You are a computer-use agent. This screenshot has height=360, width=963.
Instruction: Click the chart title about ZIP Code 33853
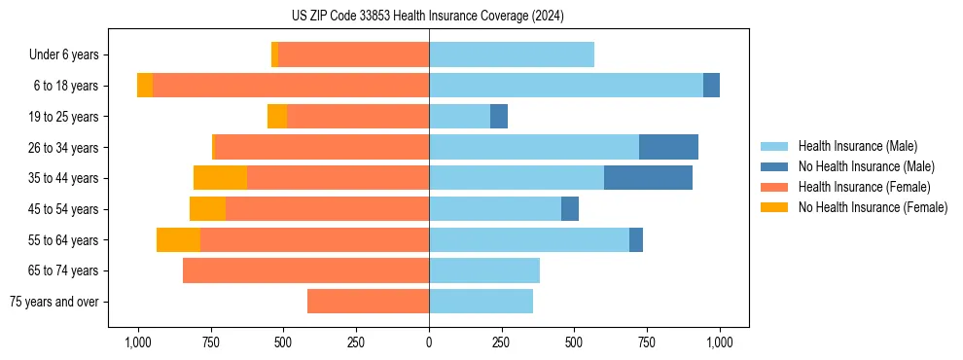(x=429, y=16)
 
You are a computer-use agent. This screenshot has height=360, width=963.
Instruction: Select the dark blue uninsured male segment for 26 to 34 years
(x=668, y=147)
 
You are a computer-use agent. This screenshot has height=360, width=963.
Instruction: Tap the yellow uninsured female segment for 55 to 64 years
(x=178, y=239)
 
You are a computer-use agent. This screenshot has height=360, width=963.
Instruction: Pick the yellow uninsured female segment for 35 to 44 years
(x=220, y=178)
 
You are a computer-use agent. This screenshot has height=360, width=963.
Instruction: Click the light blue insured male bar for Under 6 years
(x=512, y=54)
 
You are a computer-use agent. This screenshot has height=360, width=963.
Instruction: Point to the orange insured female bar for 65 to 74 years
(x=305, y=270)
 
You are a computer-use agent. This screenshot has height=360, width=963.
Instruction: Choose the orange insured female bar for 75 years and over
(x=368, y=302)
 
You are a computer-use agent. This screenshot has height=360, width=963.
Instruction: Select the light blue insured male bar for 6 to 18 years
(x=566, y=86)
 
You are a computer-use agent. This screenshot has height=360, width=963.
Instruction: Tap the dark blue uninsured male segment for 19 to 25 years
(x=499, y=117)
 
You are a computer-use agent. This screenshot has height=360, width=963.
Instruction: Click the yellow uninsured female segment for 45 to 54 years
(x=207, y=209)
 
